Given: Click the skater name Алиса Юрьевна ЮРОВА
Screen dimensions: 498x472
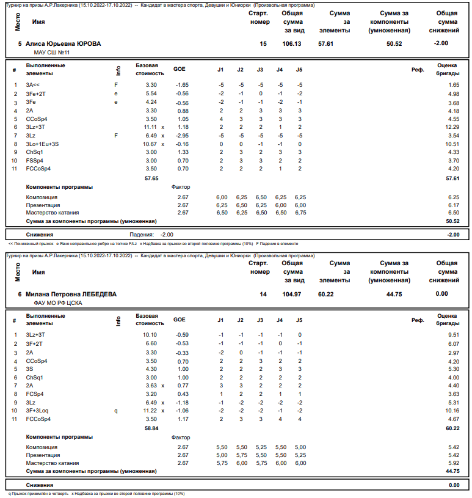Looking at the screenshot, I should (x=64, y=44).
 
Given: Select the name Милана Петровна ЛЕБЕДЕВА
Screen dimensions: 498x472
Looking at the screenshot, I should (x=71, y=295).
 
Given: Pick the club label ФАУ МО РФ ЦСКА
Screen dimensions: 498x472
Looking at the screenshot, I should (x=54, y=303).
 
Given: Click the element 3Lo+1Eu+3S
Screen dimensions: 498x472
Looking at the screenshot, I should (x=42, y=144).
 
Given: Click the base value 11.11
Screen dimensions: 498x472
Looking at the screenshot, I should (x=150, y=126).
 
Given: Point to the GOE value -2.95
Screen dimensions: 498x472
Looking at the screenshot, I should (x=181, y=135).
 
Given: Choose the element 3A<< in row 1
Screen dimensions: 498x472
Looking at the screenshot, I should (x=33, y=84).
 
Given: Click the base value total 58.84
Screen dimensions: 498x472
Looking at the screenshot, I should (x=150, y=429).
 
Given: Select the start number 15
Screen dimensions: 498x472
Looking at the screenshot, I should (x=263, y=44).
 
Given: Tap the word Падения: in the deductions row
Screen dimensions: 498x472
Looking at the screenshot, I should (x=142, y=235).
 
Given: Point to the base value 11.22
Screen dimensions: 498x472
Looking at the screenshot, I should (x=150, y=411).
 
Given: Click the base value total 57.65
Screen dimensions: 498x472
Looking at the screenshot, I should (x=150, y=178).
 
